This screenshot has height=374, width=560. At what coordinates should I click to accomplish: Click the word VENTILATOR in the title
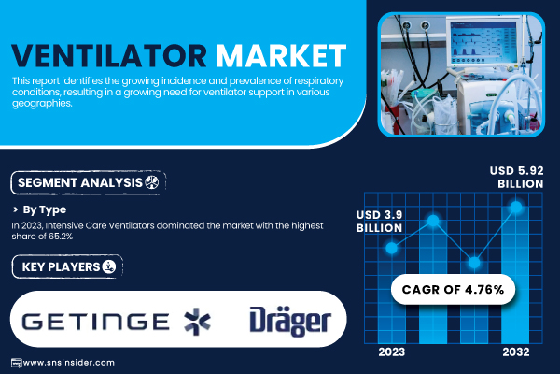point(109,56)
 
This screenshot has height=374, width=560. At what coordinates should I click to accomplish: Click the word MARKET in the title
point(282,56)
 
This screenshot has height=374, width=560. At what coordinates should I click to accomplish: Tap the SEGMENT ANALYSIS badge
point(89,183)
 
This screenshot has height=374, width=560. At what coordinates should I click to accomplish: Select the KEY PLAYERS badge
point(67,266)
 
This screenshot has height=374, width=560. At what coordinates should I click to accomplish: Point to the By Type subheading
point(44,209)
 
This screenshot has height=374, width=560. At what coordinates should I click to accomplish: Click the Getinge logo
point(116,321)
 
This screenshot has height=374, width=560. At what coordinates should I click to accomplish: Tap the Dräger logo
point(290,321)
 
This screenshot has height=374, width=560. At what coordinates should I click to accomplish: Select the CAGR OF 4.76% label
point(453,289)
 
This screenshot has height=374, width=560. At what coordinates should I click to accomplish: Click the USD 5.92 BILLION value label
point(516,177)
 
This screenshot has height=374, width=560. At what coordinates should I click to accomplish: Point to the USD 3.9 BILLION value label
point(379,222)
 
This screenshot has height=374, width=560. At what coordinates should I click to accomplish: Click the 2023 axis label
point(392,352)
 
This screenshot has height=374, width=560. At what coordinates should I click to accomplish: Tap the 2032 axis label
point(516,352)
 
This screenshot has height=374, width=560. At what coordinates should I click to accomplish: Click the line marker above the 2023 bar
point(392,248)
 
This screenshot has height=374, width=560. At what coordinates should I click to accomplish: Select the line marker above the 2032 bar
point(516,207)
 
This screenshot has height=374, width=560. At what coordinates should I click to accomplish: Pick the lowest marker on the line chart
point(474,263)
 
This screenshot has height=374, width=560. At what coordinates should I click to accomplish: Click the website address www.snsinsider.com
point(68,363)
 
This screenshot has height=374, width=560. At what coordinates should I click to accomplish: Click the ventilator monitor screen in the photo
point(483,43)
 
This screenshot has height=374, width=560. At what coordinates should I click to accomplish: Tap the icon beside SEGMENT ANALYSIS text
point(152,182)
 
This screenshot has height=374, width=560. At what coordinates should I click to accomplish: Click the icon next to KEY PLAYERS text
point(109,266)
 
